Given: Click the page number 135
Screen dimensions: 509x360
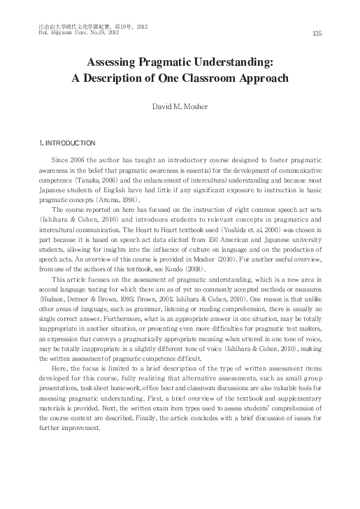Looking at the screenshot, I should tap(316, 33).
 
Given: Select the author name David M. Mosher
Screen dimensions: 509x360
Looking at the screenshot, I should tap(180, 107).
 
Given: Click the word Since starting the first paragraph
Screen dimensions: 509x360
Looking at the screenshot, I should tap(61, 161).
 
